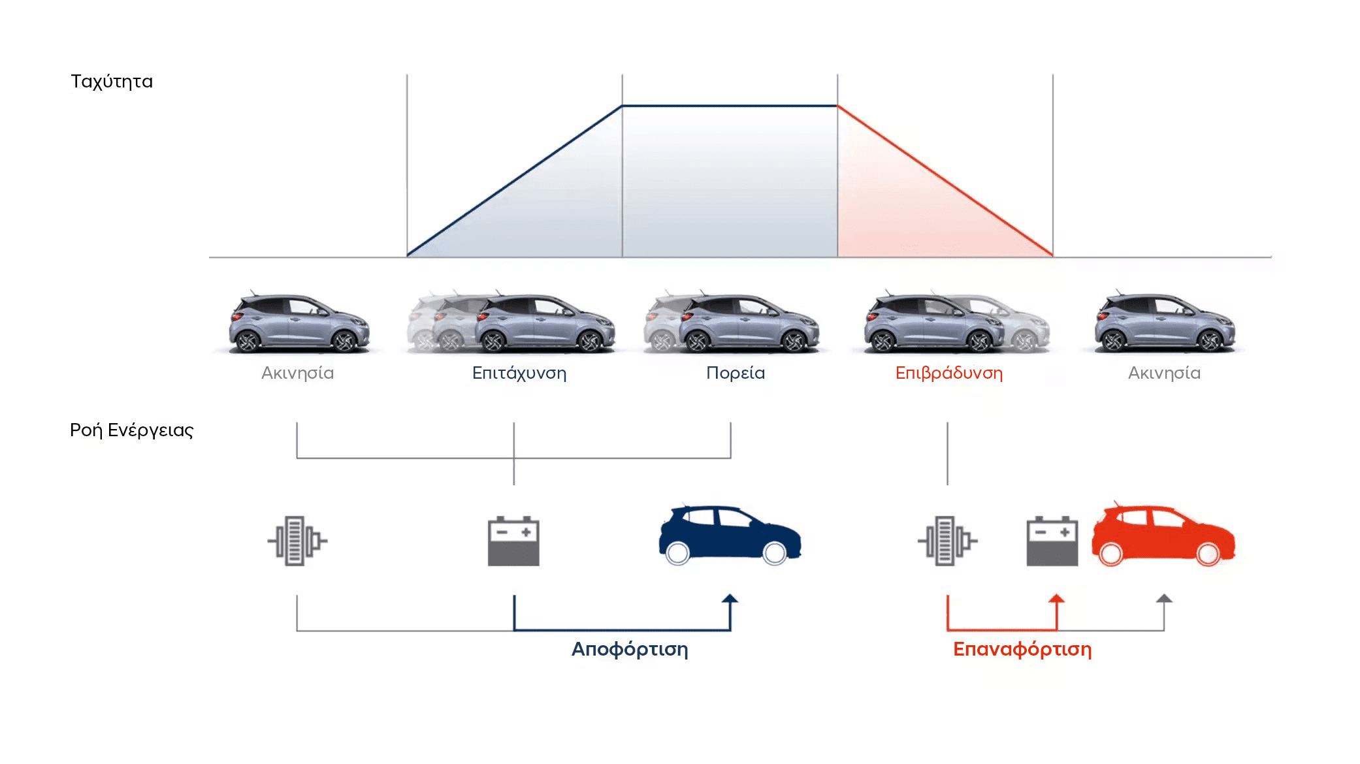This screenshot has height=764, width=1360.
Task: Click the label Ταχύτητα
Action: click(x=112, y=82)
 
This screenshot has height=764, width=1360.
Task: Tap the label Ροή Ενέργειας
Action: click(x=131, y=430)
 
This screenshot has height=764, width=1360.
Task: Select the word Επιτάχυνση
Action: click(x=519, y=373)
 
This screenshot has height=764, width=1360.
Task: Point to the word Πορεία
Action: click(x=736, y=373)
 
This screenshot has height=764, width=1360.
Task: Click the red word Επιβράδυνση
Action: click(x=948, y=373)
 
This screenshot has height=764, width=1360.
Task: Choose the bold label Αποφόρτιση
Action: click(x=630, y=649)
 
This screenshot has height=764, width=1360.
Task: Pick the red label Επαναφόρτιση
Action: click(x=1022, y=649)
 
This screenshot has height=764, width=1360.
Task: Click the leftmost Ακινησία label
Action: click(x=297, y=373)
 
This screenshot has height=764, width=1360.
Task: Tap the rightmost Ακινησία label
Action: click(x=1164, y=373)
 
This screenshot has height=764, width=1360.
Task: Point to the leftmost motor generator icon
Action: click(x=297, y=541)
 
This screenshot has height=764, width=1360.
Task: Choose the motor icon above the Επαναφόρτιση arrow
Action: click(x=947, y=541)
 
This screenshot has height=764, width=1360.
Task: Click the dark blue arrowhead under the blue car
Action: click(x=730, y=599)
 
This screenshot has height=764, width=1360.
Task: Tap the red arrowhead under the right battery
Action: click(x=1056, y=599)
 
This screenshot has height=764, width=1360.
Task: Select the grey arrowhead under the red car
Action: click(x=1164, y=599)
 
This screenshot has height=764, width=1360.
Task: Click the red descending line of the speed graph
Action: click(x=945, y=181)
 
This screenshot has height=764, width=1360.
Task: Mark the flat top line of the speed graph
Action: click(x=730, y=106)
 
